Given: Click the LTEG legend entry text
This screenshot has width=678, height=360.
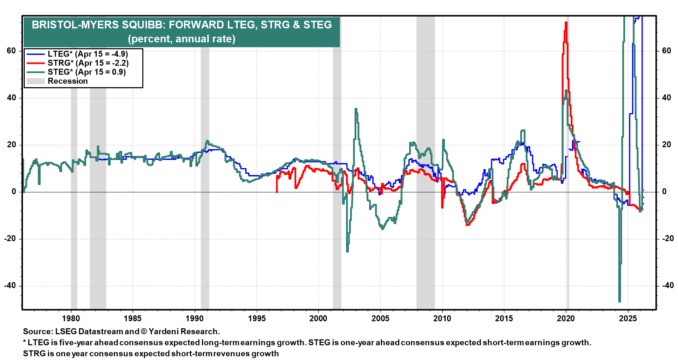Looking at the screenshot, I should click(88, 54).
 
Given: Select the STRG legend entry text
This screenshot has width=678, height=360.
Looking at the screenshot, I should click(88, 63).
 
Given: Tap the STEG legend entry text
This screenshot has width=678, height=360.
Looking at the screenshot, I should click(87, 72).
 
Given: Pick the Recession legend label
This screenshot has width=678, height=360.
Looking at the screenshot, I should click(67, 81).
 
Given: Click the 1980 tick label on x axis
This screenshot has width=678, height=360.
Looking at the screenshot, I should click(71, 318).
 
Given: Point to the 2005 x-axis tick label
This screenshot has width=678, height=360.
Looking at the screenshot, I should click(380, 318).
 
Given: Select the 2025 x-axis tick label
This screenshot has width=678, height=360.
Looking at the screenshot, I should click(628, 318).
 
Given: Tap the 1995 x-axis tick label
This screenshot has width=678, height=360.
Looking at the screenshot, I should click(257, 318).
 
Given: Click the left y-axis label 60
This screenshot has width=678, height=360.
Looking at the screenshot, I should click(12, 51).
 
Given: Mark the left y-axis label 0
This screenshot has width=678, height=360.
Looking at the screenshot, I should click(14, 192).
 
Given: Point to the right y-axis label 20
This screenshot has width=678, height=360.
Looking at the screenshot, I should click(666, 145).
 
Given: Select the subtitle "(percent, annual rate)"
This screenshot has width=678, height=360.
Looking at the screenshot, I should click(182, 39).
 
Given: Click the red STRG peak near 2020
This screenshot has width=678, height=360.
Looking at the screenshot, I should click(566, 23).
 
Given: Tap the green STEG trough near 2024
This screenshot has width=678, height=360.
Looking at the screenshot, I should click(619, 301).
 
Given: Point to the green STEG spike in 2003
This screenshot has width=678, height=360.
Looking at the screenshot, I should click(356, 109).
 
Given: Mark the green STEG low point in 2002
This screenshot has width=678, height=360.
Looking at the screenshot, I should click(347, 251).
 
